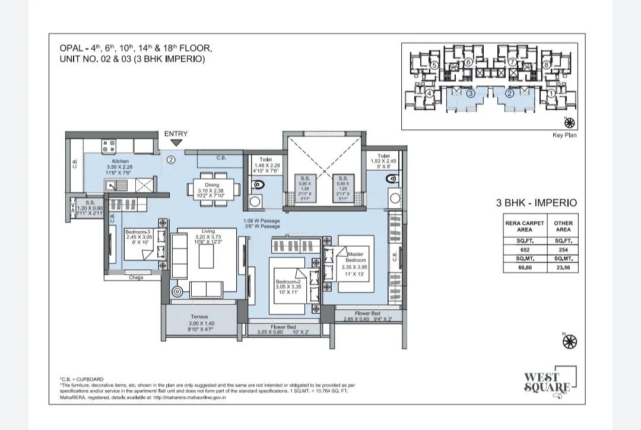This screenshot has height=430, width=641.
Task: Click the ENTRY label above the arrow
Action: (176, 134)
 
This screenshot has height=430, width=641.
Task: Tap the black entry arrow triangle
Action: (176, 143)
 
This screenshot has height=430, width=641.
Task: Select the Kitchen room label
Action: (120, 161)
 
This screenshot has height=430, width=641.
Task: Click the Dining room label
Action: (212, 185)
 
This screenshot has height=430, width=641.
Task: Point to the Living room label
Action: (208, 231)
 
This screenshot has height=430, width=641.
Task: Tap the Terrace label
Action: (199, 317)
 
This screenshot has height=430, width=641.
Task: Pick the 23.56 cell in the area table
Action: (563, 267)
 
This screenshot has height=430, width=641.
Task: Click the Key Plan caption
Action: (564, 135)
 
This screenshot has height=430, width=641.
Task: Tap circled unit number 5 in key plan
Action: (434, 65)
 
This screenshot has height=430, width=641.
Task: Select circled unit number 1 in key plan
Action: (551, 93)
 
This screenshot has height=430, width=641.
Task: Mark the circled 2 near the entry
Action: (170, 159)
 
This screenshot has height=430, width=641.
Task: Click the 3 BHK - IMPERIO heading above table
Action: (536, 202)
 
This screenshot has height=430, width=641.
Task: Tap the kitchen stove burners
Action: (109, 145)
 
